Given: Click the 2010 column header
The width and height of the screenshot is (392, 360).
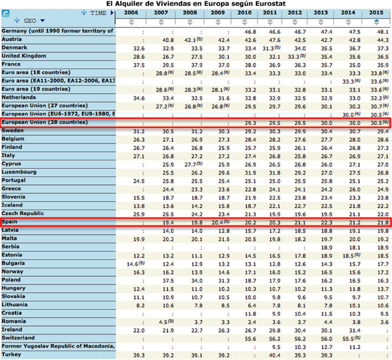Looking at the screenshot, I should point(244,12).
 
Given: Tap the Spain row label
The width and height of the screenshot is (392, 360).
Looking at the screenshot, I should point(9,221).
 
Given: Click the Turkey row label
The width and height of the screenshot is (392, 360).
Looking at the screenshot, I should point(12,354).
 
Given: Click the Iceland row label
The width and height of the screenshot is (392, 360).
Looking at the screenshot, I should point(12,205).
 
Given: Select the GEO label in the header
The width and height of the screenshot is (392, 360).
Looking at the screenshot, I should point(30,20).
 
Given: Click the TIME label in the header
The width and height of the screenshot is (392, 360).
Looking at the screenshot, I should point(98,13).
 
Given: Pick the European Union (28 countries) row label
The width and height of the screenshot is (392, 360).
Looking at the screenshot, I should point(45,122).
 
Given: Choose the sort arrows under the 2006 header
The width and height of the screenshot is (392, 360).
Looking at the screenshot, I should point(131,21).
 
